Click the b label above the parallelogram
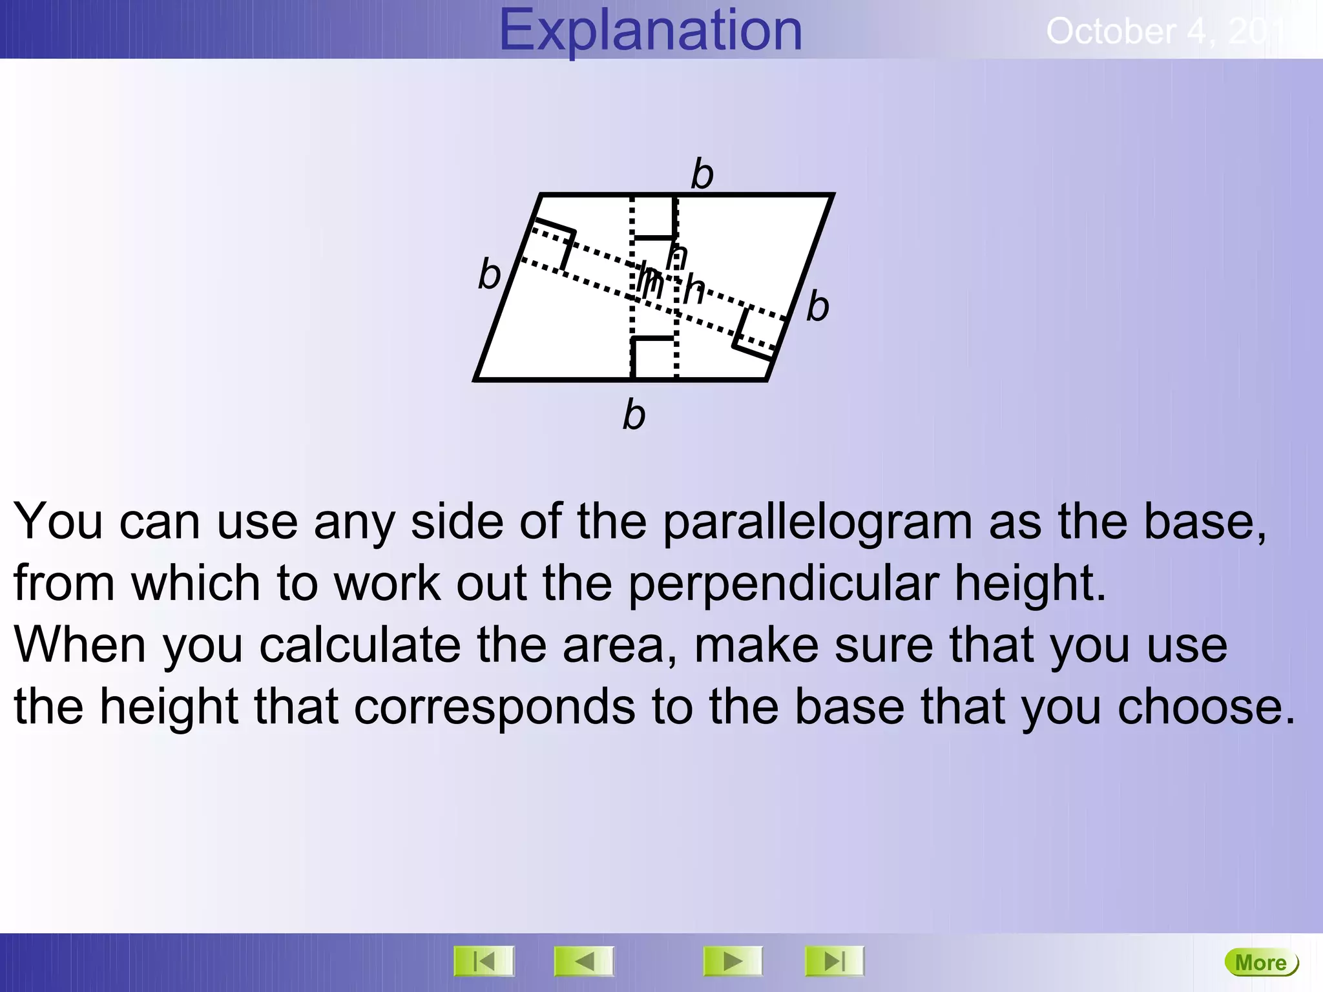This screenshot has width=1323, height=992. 702,174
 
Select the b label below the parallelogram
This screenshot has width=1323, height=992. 634,414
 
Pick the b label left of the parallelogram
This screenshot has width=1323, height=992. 489,274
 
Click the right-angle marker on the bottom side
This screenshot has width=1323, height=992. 652,357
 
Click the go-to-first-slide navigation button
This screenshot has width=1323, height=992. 484,962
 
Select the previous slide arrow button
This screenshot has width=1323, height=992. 584,962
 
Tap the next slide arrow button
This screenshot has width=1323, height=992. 733,962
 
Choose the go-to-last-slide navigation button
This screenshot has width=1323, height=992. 834,962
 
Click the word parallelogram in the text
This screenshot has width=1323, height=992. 817,522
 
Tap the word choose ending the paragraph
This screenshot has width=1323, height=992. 1205,707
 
